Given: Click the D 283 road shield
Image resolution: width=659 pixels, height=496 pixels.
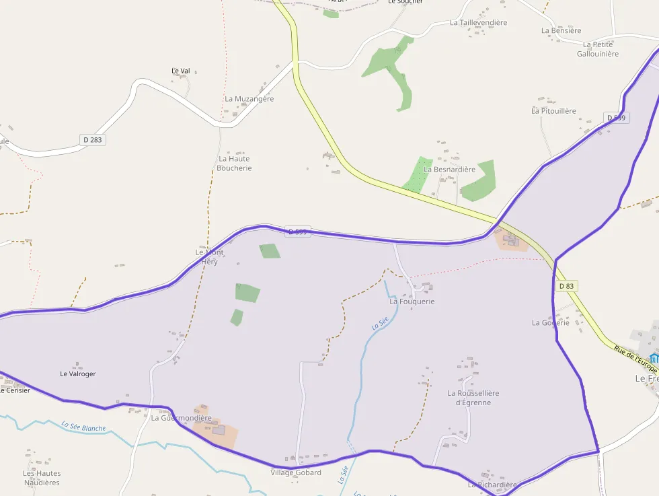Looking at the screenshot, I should pos(92,140).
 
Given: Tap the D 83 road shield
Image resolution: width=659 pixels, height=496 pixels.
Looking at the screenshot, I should pos(567,286).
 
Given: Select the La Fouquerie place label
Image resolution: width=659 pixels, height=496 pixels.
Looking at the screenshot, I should pos(412,302).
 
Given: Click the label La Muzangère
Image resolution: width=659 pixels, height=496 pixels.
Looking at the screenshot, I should pos(249,99).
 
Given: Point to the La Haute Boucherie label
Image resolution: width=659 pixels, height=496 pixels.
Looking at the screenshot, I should pos(235,164).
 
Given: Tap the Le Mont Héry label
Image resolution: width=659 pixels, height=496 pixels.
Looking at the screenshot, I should pos(209,256).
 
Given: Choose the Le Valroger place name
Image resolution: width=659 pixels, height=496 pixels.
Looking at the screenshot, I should pos(78,374).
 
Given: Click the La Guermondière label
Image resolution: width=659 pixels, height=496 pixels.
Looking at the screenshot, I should pos(181,418).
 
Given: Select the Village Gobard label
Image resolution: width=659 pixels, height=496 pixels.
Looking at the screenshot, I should pos(295,472).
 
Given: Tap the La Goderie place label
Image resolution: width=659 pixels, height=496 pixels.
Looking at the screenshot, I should pos(551,322).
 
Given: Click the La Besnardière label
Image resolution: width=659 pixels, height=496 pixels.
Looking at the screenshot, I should pos(449,170).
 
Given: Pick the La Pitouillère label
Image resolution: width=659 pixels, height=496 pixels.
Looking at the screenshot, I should pos(553,111).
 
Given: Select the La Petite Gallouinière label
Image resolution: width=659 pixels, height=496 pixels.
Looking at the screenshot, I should pos(597,49).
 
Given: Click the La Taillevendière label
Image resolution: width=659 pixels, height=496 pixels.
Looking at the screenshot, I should pos(478,22).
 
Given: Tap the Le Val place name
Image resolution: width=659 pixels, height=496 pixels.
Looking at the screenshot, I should pos(181,71).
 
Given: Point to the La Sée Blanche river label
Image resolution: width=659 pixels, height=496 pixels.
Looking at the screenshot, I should pos(83,427).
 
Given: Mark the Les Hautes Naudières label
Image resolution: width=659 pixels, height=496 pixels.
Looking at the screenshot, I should pos(42,478).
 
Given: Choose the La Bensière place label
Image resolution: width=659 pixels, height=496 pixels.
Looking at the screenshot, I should pos(561,30).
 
